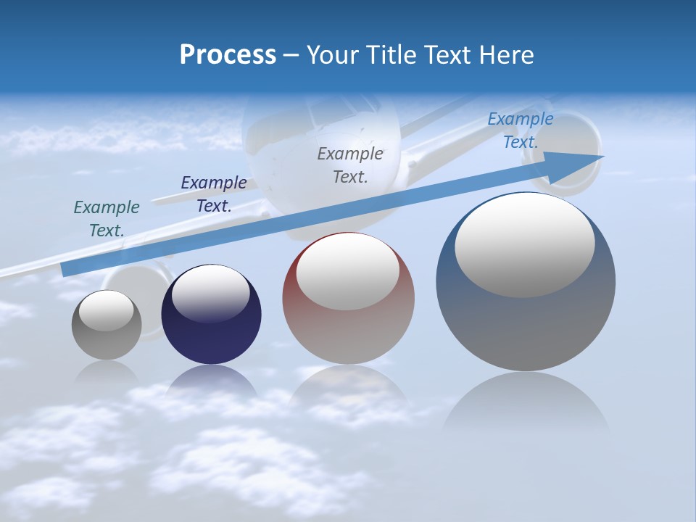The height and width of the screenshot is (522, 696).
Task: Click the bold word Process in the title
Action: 228,54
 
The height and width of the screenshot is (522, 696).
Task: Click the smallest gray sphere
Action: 107,325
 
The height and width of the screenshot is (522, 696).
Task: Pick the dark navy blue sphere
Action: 211,315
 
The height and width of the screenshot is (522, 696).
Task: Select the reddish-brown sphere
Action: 348,299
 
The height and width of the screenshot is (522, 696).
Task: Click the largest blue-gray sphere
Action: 526,282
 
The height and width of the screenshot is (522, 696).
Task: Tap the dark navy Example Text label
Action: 214,194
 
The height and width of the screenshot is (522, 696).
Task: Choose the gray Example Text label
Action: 350,165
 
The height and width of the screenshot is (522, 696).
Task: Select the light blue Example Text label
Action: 521,130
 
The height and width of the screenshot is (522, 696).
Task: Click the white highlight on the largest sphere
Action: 524,244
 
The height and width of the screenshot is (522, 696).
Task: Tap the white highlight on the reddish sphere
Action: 348,272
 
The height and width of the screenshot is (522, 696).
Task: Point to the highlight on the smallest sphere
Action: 106,310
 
